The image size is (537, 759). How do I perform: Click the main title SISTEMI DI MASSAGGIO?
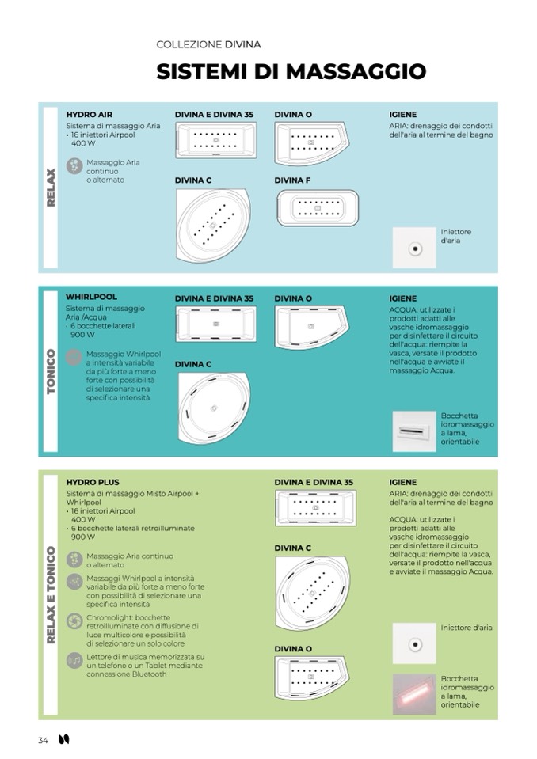tap(291, 72)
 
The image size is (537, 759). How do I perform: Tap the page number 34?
tap(43, 740)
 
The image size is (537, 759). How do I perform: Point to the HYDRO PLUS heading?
tap(92, 481)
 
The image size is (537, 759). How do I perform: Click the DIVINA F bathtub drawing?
tap(317, 208)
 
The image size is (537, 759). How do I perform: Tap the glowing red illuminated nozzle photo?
tap(414, 694)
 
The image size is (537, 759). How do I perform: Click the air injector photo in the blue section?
tap(414, 248)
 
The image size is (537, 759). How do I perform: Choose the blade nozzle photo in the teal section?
tap(414, 431)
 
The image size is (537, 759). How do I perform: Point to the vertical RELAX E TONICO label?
tap(51, 594)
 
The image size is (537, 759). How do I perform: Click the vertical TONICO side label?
tap(51, 373)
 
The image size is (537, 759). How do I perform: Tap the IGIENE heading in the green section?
tap(403, 481)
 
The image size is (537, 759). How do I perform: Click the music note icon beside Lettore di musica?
tap(74, 660)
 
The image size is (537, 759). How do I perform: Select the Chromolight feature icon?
tap(74, 621)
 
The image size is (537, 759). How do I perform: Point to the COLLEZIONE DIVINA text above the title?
tap(208, 44)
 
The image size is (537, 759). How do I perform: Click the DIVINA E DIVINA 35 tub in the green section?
tap(315, 507)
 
